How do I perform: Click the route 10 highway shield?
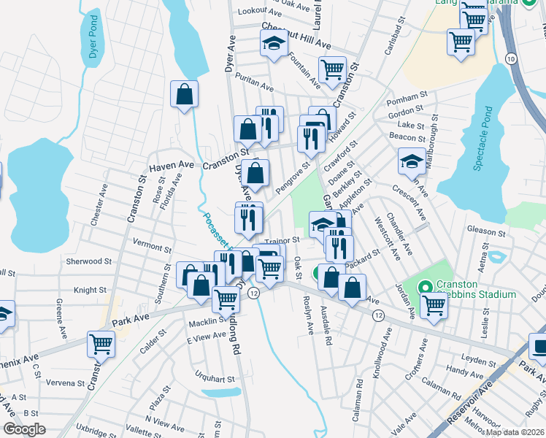coord(510,58)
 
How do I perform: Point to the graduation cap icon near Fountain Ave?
coord(273,44)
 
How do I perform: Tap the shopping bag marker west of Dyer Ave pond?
coord(184,94)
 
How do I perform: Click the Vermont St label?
coord(151,239)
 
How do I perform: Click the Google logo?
coord(24,429)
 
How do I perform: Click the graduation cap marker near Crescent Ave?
coord(412,161)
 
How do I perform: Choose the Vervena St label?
coord(63,383)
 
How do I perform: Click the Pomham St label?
coord(407,96)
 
